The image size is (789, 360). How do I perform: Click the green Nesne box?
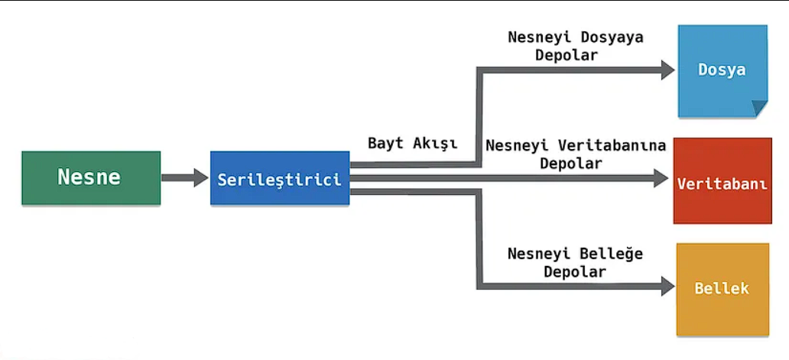click(x=91, y=178)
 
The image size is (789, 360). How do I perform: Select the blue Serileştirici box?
click(x=280, y=178)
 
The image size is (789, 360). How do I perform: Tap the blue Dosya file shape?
click(x=722, y=71)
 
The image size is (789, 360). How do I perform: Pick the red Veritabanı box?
click(x=722, y=180)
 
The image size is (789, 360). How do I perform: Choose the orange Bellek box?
click(x=722, y=289)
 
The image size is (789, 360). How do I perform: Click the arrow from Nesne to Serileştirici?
click(x=184, y=177)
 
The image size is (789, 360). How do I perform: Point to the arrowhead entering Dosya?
click(x=667, y=70)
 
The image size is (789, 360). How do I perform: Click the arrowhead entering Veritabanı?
click(x=661, y=178)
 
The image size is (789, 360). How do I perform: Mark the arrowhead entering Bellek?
click(x=667, y=286)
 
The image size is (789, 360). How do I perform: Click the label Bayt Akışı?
click(x=413, y=143)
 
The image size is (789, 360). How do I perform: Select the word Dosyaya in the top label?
click(x=612, y=38)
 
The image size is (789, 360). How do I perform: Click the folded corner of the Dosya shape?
click(x=760, y=109)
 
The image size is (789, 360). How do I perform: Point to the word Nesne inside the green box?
click(x=89, y=177)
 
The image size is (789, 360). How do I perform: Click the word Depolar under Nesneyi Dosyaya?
click(x=567, y=55)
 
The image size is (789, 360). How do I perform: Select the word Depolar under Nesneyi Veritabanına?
click(x=571, y=164)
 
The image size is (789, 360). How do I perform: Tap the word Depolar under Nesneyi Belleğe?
click(x=575, y=272)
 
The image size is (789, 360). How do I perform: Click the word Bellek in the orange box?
click(x=722, y=289)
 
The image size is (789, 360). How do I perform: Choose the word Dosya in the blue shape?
click(x=722, y=70)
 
